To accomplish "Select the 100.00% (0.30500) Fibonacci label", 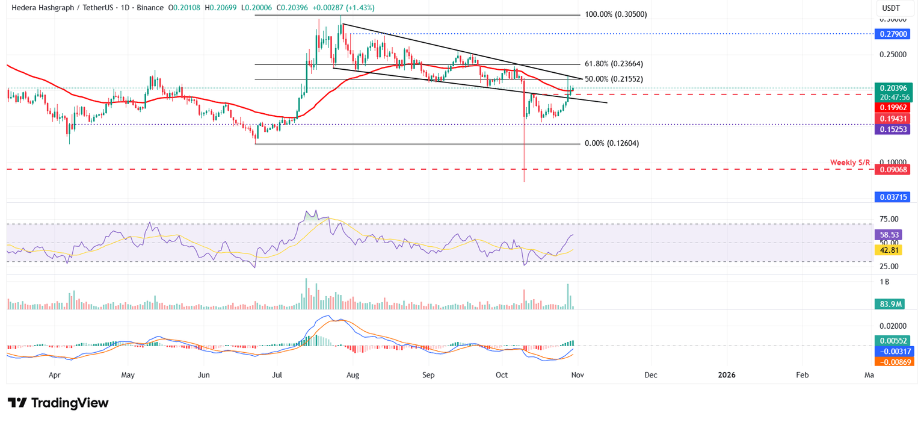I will (615, 14).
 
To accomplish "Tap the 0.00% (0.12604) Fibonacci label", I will (611, 144).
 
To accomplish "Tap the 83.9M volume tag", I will (889, 304).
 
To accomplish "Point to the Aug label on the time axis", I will (353, 375).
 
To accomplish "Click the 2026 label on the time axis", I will (726, 375).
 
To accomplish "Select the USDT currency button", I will (892, 8).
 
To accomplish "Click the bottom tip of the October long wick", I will (524, 182).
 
